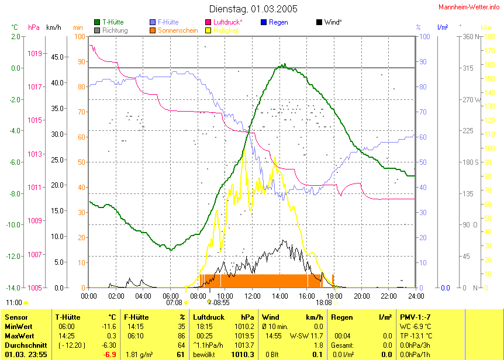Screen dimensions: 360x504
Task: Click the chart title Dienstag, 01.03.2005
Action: coord(253,9)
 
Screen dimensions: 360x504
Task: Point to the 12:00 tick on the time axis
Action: coord(252,296)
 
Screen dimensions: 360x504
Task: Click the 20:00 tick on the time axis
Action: coord(361,296)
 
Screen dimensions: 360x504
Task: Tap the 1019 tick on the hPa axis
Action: coord(34,53)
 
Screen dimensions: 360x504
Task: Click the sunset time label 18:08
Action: coord(323,303)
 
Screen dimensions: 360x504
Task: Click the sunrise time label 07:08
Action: coord(174,303)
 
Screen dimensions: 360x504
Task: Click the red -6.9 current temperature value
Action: coord(110,355)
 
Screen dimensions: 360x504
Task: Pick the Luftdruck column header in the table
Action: coord(210,317)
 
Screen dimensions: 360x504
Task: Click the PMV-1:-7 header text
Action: coord(415,317)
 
